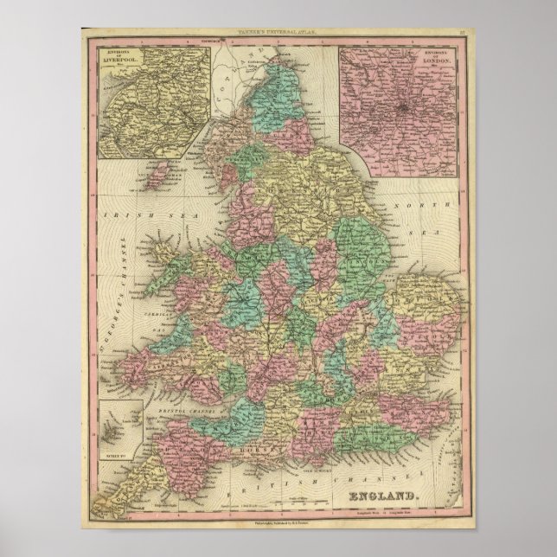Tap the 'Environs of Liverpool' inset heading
115,63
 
